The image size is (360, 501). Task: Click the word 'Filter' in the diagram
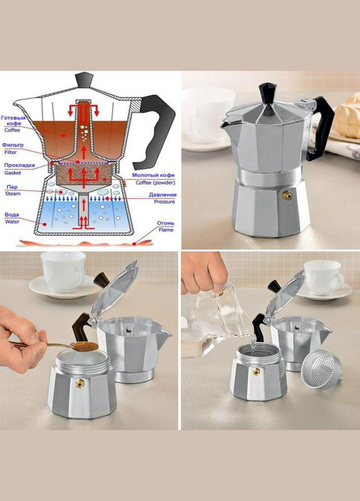point(11,152)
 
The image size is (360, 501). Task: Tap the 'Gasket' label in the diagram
point(13,173)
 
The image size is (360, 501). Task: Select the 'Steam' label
point(13,193)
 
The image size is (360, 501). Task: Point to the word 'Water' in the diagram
point(12,221)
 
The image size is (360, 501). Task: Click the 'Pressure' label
point(164,202)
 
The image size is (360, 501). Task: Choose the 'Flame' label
point(166,230)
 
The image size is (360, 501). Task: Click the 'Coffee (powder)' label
point(155,183)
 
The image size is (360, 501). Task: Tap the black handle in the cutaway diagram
point(156,131)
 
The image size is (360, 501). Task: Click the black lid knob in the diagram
point(84,80)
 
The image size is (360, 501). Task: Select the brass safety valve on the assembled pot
point(287,195)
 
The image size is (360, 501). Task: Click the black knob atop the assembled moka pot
point(267,93)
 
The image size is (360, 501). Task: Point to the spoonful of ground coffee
point(84,346)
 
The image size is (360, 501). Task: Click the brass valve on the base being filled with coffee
point(80,383)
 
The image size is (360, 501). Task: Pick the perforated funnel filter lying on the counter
point(321,369)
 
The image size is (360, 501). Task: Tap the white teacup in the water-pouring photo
point(323,277)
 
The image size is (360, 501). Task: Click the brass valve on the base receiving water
point(256,372)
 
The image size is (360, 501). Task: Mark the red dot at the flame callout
point(134,244)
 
